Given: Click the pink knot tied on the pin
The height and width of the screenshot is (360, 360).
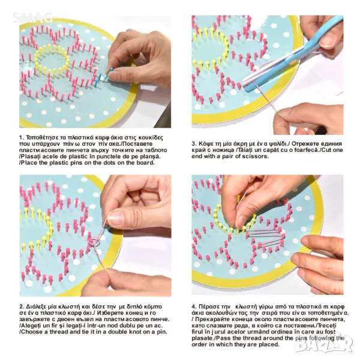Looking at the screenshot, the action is (x=95, y=242).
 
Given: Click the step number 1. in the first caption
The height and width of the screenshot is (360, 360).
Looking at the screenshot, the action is (x=22, y=138).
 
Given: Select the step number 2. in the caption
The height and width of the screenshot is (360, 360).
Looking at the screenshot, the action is (x=22, y=307).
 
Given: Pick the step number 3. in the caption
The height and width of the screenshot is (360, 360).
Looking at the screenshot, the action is (x=194, y=144).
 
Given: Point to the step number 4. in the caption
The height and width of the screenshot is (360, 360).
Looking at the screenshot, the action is (x=194, y=307).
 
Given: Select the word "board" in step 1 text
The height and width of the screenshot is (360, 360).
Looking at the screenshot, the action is (x=146, y=163).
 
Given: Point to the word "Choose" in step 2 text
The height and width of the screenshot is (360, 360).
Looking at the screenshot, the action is (x=31, y=332).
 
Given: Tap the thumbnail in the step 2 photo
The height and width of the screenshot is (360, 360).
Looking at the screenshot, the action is (x=117, y=216).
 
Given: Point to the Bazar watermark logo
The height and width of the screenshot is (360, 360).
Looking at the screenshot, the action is (x=324, y=343).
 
